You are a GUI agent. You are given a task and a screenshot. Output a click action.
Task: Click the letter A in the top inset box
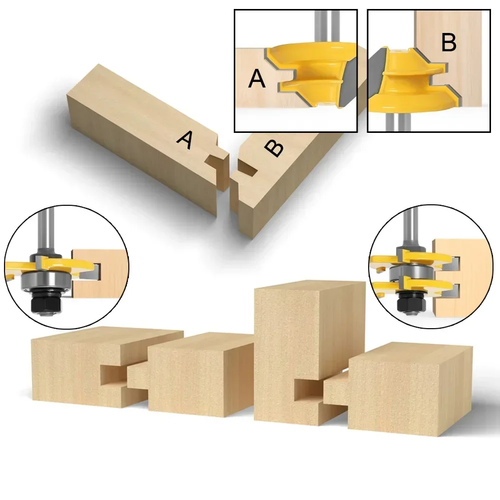(x=257, y=79)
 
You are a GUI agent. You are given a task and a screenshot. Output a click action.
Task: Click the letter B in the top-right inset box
(x=449, y=43)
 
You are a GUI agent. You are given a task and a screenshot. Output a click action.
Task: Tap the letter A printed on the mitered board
(x=185, y=140)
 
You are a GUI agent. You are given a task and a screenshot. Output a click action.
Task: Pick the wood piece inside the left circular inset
(x=102, y=272)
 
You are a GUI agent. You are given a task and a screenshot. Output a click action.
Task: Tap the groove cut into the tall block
(x=307, y=390)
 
